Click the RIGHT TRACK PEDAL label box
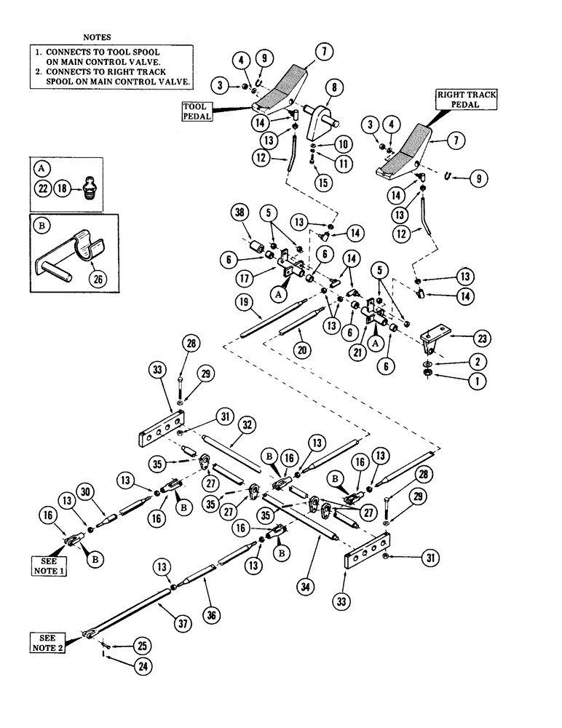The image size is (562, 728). pyautogui.click(x=456, y=101)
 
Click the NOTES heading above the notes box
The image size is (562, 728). pyautogui.click(x=98, y=36)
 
